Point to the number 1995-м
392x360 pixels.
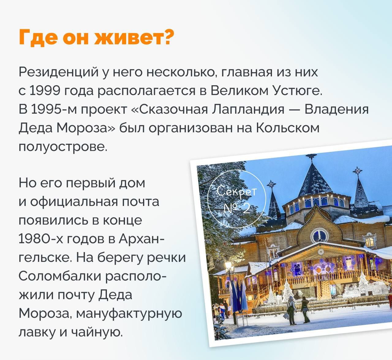[x=48, y=109]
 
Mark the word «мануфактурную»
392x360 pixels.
[x=129, y=313]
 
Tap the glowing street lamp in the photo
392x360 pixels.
[x=228, y=265]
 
